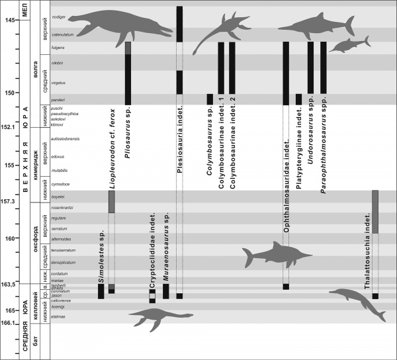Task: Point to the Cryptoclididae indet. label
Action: click(152, 248)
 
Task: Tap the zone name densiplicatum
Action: click(60, 261)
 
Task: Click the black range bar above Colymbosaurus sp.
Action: click(210, 99)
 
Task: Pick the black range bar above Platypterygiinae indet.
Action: click(298, 99)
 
